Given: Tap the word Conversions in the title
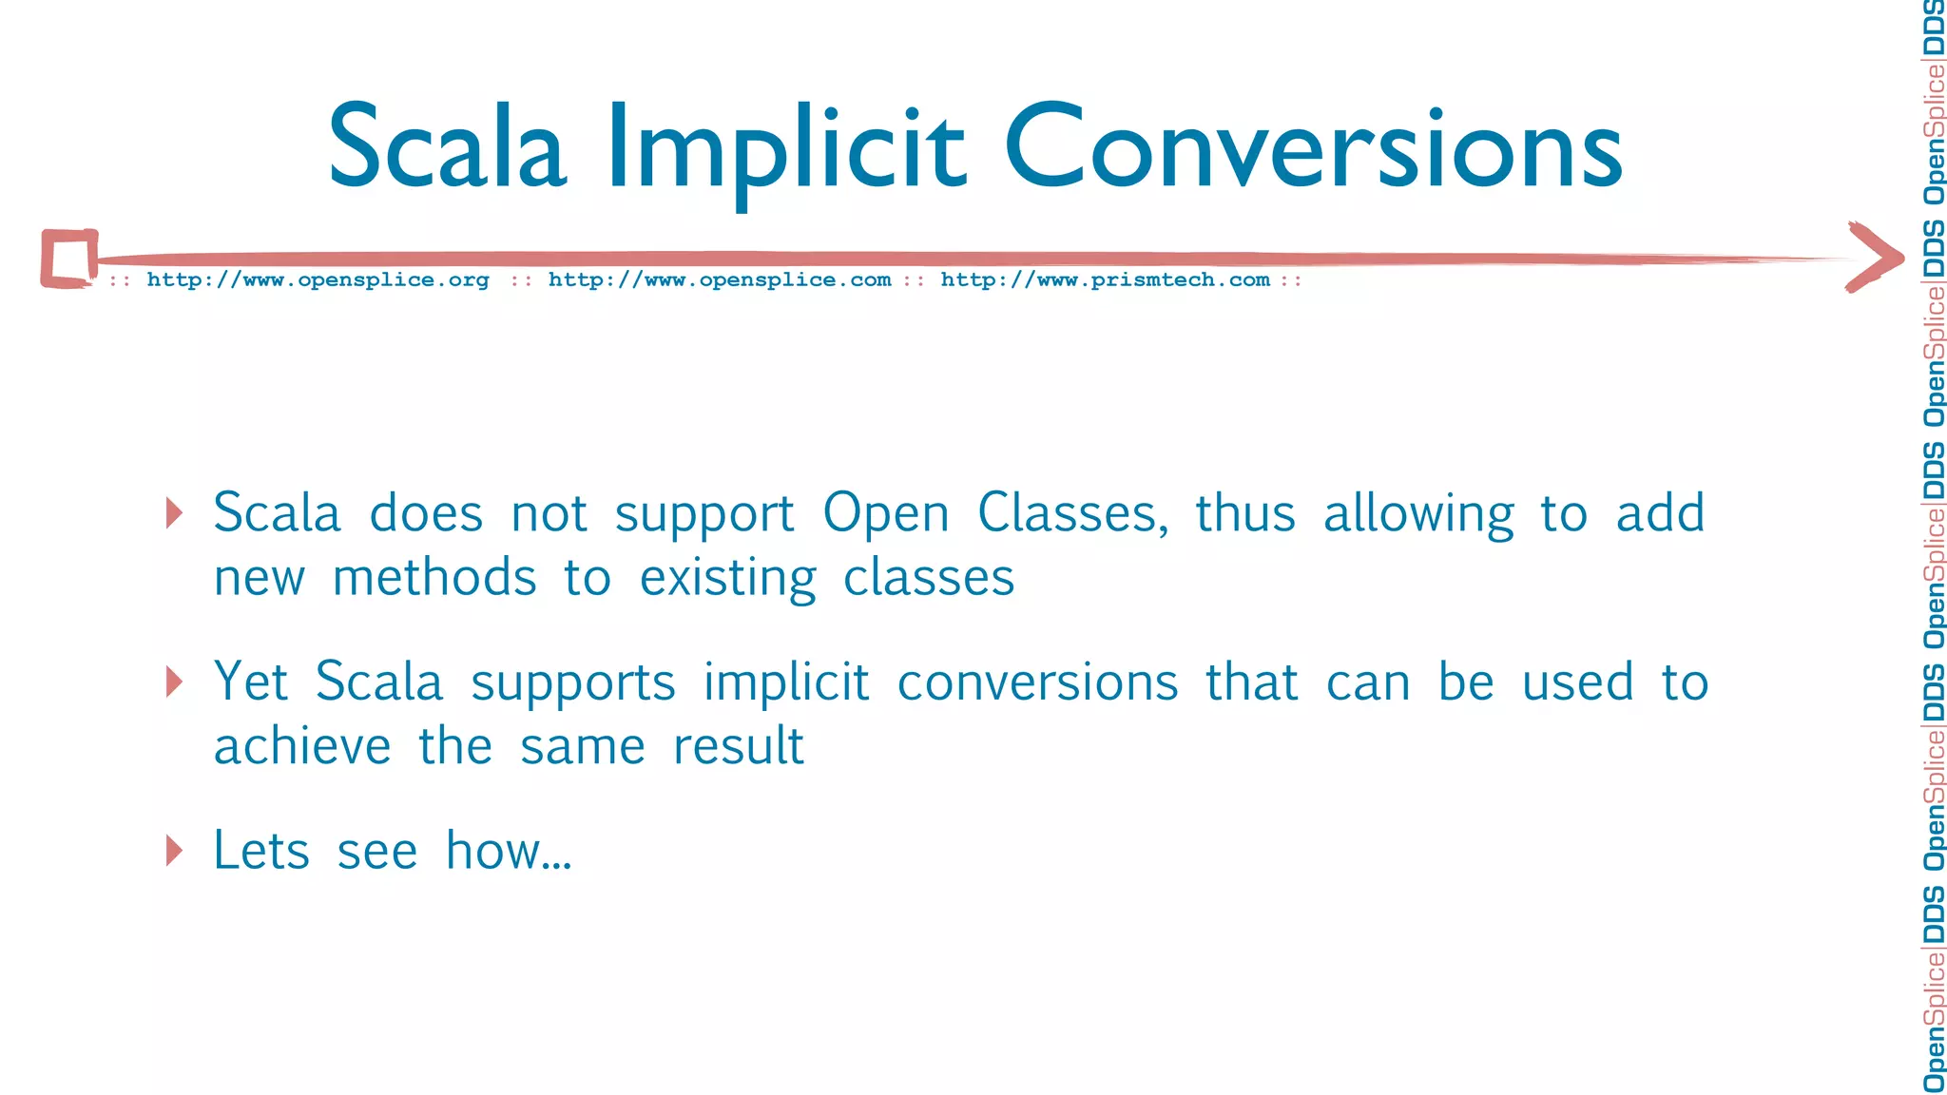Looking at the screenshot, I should [1313, 147].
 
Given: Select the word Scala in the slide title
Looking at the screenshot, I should [447, 147].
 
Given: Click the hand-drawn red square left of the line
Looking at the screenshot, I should [69, 259].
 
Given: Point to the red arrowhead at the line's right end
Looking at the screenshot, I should [1875, 257].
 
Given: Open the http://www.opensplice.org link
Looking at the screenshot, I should [318, 280].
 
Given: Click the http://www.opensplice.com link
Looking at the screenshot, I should [720, 280].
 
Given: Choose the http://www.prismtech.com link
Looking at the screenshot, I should [1105, 280].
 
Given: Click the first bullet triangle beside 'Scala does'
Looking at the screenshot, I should [173, 513].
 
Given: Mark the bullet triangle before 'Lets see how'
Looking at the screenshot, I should [173, 851].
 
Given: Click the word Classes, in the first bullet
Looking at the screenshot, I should [1072, 514].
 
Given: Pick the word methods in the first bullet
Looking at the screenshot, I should [434, 578].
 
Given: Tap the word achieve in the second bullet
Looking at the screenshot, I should [302, 746].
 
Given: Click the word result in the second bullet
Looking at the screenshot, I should [738, 746].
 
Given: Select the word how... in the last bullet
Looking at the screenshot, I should [509, 851].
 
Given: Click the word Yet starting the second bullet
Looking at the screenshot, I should [251, 682].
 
